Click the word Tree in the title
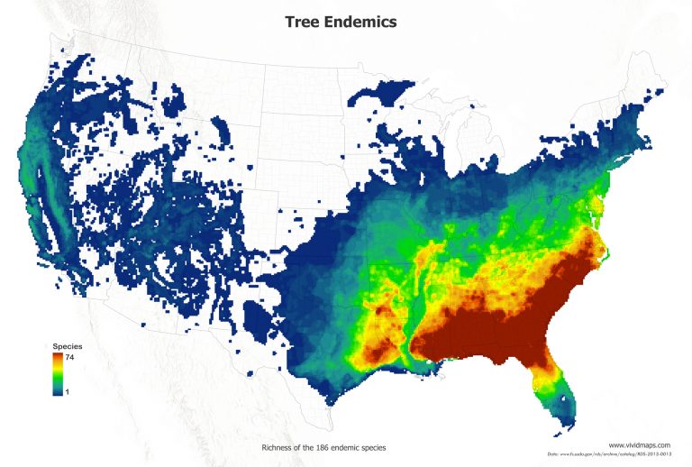pyautogui.click(x=303, y=23)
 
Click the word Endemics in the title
pyautogui.click(x=360, y=23)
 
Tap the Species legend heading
pyautogui.click(x=67, y=345)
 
